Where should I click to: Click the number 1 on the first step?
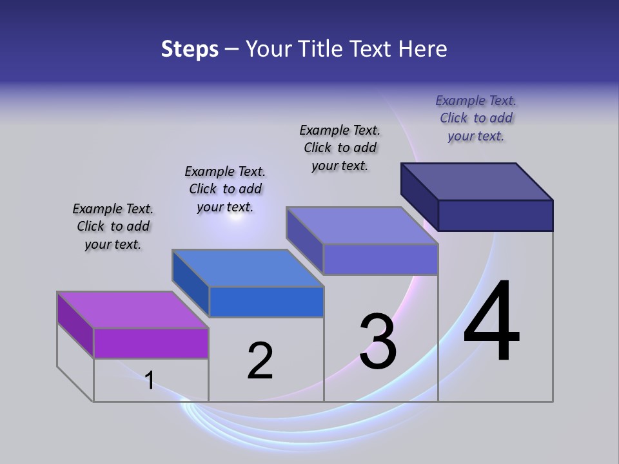click(150, 380)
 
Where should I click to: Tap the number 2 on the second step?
click(260, 361)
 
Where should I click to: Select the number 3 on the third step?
click(378, 342)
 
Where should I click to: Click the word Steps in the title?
click(190, 49)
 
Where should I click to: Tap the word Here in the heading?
click(423, 49)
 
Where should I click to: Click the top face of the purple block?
click(133, 310)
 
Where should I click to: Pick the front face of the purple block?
click(151, 343)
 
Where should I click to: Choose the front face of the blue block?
click(266, 302)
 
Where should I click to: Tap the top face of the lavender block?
click(362, 226)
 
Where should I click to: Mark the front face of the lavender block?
click(380, 259)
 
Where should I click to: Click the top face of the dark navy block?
click(477, 181)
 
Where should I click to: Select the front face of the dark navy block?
click(495, 215)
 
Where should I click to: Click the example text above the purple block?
click(113, 226)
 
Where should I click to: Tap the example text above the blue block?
click(225, 189)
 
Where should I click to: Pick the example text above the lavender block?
click(340, 148)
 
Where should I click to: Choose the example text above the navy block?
click(476, 118)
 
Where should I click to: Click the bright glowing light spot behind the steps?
click(235, 217)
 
